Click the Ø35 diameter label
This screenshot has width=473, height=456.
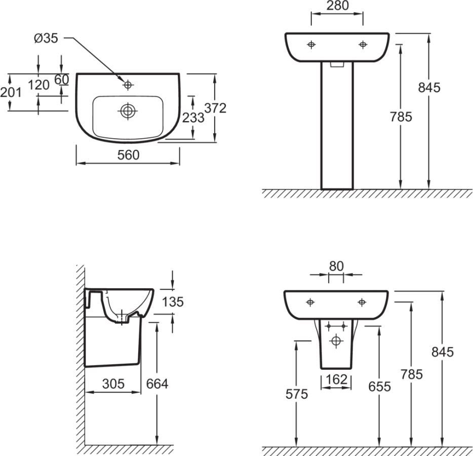[47, 38]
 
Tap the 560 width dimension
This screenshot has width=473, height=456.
[128, 155]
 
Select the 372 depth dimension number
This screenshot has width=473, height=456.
[215, 108]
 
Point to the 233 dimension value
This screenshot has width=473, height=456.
[193, 118]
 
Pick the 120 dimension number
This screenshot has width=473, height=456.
[38, 85]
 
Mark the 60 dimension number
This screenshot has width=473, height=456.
[62, 80]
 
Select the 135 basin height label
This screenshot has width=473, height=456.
[173, 302]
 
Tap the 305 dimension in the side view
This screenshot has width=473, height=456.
[113, 384]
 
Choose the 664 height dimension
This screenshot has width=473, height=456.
[157, 384]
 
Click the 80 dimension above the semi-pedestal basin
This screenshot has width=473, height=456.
[336, 266]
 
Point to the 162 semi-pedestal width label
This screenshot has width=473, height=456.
[336, 379]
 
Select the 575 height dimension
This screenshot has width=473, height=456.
[297, 394]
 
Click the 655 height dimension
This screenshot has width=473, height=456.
[380, 387]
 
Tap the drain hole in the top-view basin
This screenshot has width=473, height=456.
[128, 110]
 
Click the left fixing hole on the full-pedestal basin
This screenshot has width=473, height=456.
[311, 45]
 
